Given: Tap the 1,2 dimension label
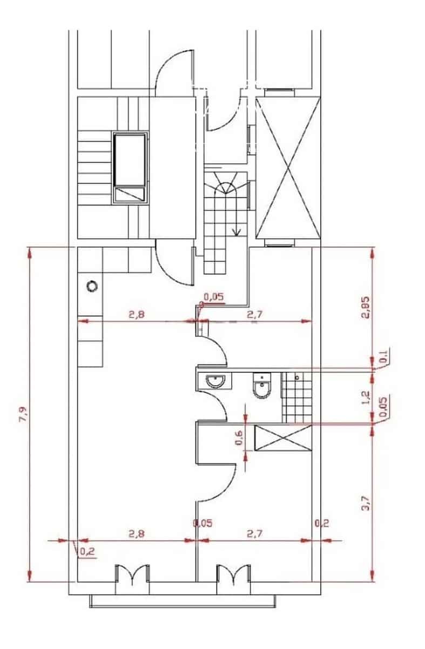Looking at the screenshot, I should [366, 397].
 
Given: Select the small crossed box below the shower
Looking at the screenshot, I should [283, 437].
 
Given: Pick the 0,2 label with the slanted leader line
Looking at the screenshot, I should [86, 552].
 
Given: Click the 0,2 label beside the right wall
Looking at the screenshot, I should [321, 523].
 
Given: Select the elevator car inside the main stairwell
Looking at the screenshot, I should [130, 168].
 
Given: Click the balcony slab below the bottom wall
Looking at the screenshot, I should [183, 601].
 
